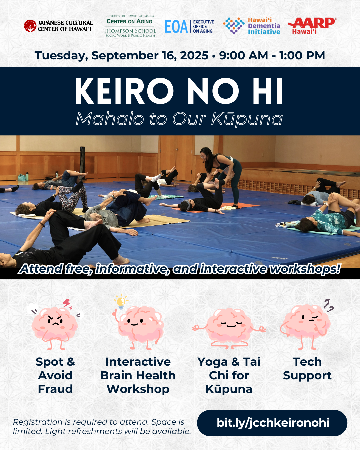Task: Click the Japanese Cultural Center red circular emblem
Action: tap(30, 26)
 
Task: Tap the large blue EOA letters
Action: tap(176, 27)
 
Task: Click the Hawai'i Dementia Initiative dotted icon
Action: tap(234, 26)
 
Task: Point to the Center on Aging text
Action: tap(129, 21)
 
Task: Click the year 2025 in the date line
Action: tap(194, 55)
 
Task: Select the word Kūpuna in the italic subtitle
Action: tap(247, 119)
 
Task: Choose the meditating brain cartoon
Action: tap(229, 329)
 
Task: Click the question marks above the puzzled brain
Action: tap(328, 306)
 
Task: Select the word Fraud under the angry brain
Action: tap(55, 389)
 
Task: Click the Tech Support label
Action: tap(307, 369)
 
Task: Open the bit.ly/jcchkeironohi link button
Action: tap(272, 423)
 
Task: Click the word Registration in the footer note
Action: tap(38, 422)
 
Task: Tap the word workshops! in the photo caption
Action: tap(305, 269)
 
